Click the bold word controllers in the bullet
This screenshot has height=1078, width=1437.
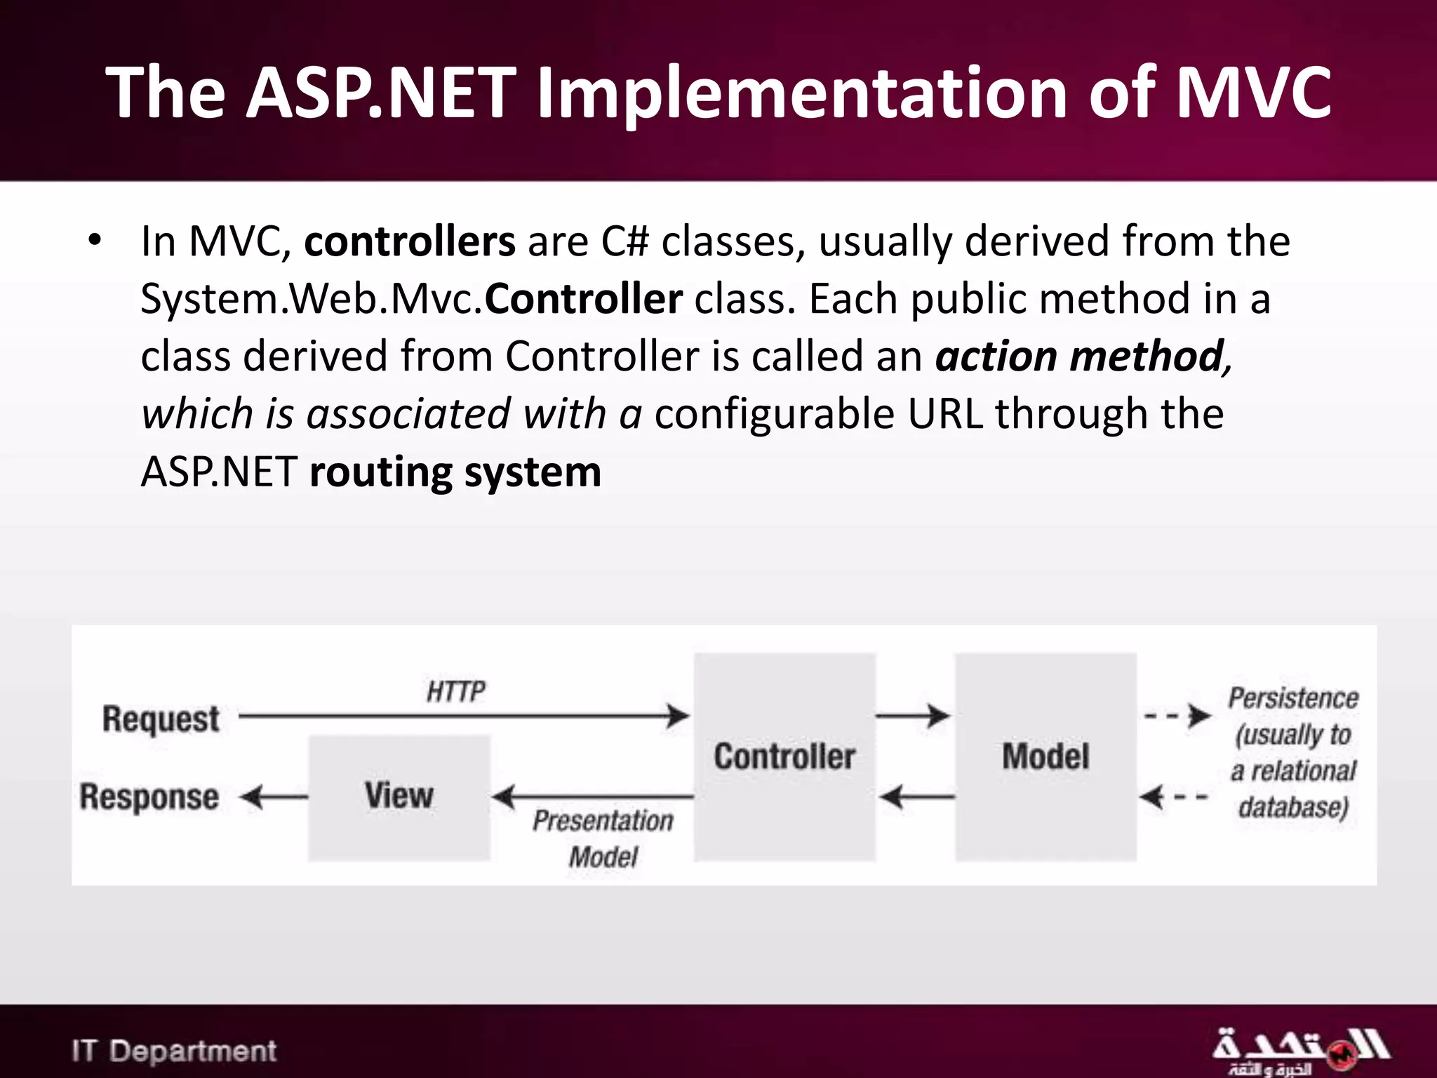point(409,241)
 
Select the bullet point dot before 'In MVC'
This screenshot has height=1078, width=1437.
point(95,241)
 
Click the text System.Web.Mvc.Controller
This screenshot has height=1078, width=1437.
point(411,299)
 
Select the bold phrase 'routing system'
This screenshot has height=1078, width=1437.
point(455,472)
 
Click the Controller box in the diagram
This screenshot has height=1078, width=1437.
point(784,757)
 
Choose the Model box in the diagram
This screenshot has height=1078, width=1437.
point(1045,757)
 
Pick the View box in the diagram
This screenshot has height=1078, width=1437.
point(399,797)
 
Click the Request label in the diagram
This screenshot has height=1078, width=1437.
point(161,719)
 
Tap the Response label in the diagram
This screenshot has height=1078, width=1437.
point(149,797)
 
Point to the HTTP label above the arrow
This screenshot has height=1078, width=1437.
point(455,691)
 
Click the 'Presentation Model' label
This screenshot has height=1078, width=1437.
point(603,838)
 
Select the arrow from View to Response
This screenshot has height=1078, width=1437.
point(274,798)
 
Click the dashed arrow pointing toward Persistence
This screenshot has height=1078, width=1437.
point(1177,717)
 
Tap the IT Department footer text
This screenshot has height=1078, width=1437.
point(174,1051)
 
